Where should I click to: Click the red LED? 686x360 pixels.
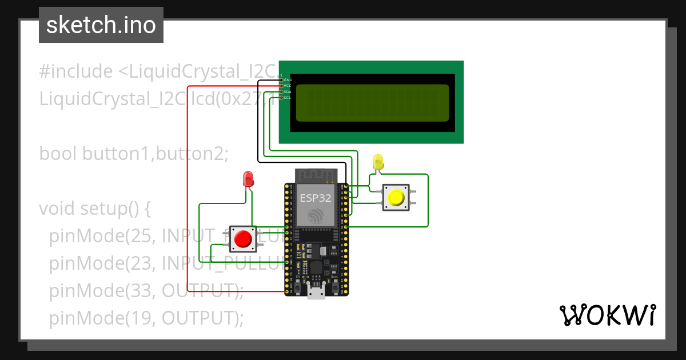click(x=248, y=179)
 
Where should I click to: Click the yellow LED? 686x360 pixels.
click(x=377, y=162)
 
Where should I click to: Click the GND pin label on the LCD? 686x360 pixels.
click(x=288, y=80)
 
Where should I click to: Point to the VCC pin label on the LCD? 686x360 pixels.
click(x=288, y=86)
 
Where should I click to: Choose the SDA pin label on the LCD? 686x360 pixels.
click(x=288, y=91)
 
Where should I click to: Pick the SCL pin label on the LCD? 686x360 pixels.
click(x=288, y=97)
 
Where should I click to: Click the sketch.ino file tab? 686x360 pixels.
click(x=101, y=25)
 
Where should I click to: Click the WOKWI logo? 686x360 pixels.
click(x=607, y=315)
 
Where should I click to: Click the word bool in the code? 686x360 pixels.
click(x=58, y=154)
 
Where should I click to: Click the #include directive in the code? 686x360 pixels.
click(x=76, y=71)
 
